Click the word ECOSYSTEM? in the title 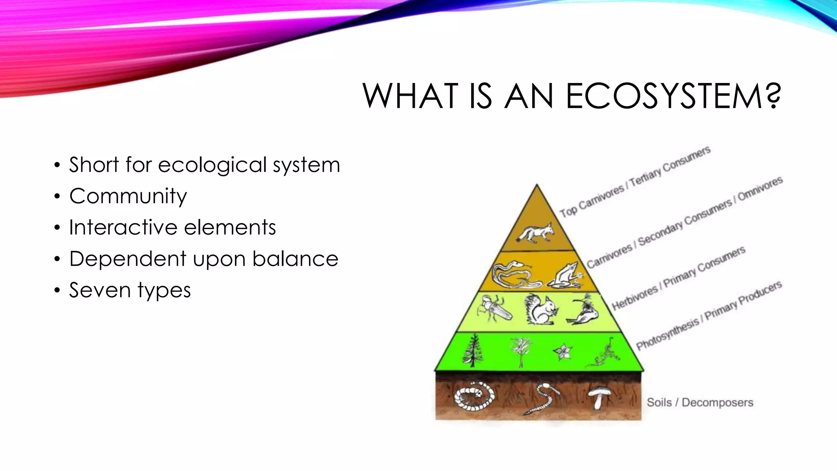(673, 96)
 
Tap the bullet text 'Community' (128, 196)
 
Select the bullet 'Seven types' (130, 290)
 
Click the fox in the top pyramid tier (536, 233)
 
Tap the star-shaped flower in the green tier (563, 352)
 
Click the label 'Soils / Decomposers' (700, 403)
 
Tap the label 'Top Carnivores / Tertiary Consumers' (635, 182)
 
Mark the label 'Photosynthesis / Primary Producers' (709, 316)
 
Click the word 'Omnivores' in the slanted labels (760, 188)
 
